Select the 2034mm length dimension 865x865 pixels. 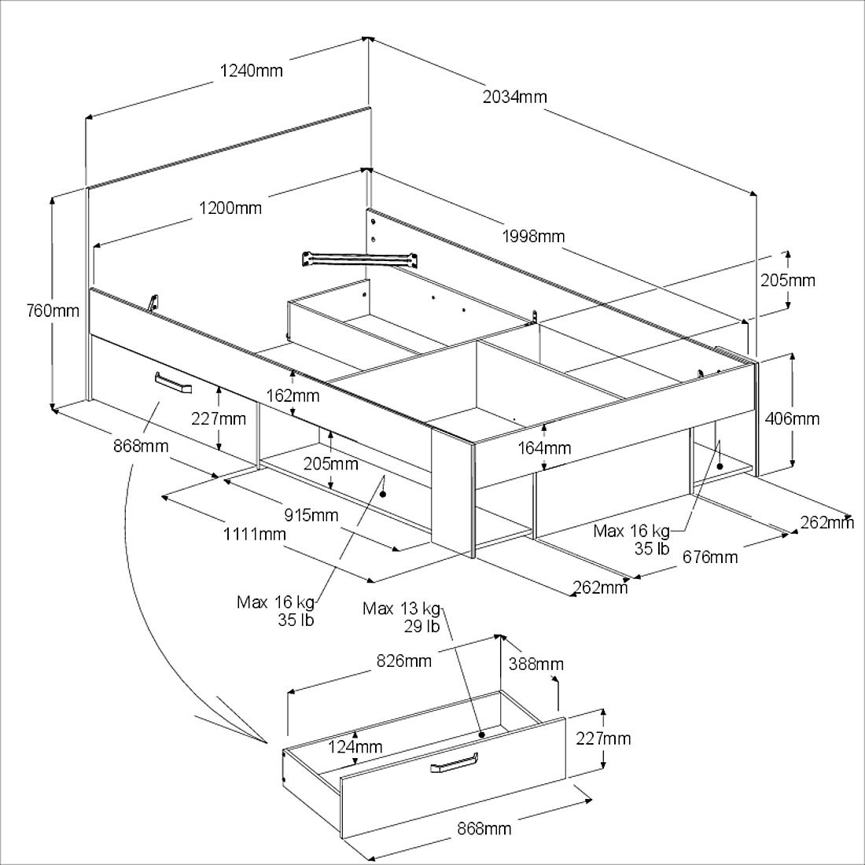coord(514,97)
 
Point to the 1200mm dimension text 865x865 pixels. coord(230,208)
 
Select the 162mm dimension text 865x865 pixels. coord(294,394)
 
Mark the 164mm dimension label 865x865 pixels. coord(544,448)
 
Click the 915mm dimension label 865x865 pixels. coord(311,516)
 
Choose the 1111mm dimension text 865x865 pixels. coord(254,535)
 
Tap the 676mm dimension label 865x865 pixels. coord(710,558)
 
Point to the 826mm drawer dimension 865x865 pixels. coord(404,661)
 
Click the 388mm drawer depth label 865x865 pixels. coord(536,664)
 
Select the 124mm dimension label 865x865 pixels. coord(356,745)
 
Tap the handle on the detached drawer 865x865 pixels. coord(455,764)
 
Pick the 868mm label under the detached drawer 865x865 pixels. coord(484,828)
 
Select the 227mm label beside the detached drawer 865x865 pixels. coord(603,738)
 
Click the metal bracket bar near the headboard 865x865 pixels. coord(359,258)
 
